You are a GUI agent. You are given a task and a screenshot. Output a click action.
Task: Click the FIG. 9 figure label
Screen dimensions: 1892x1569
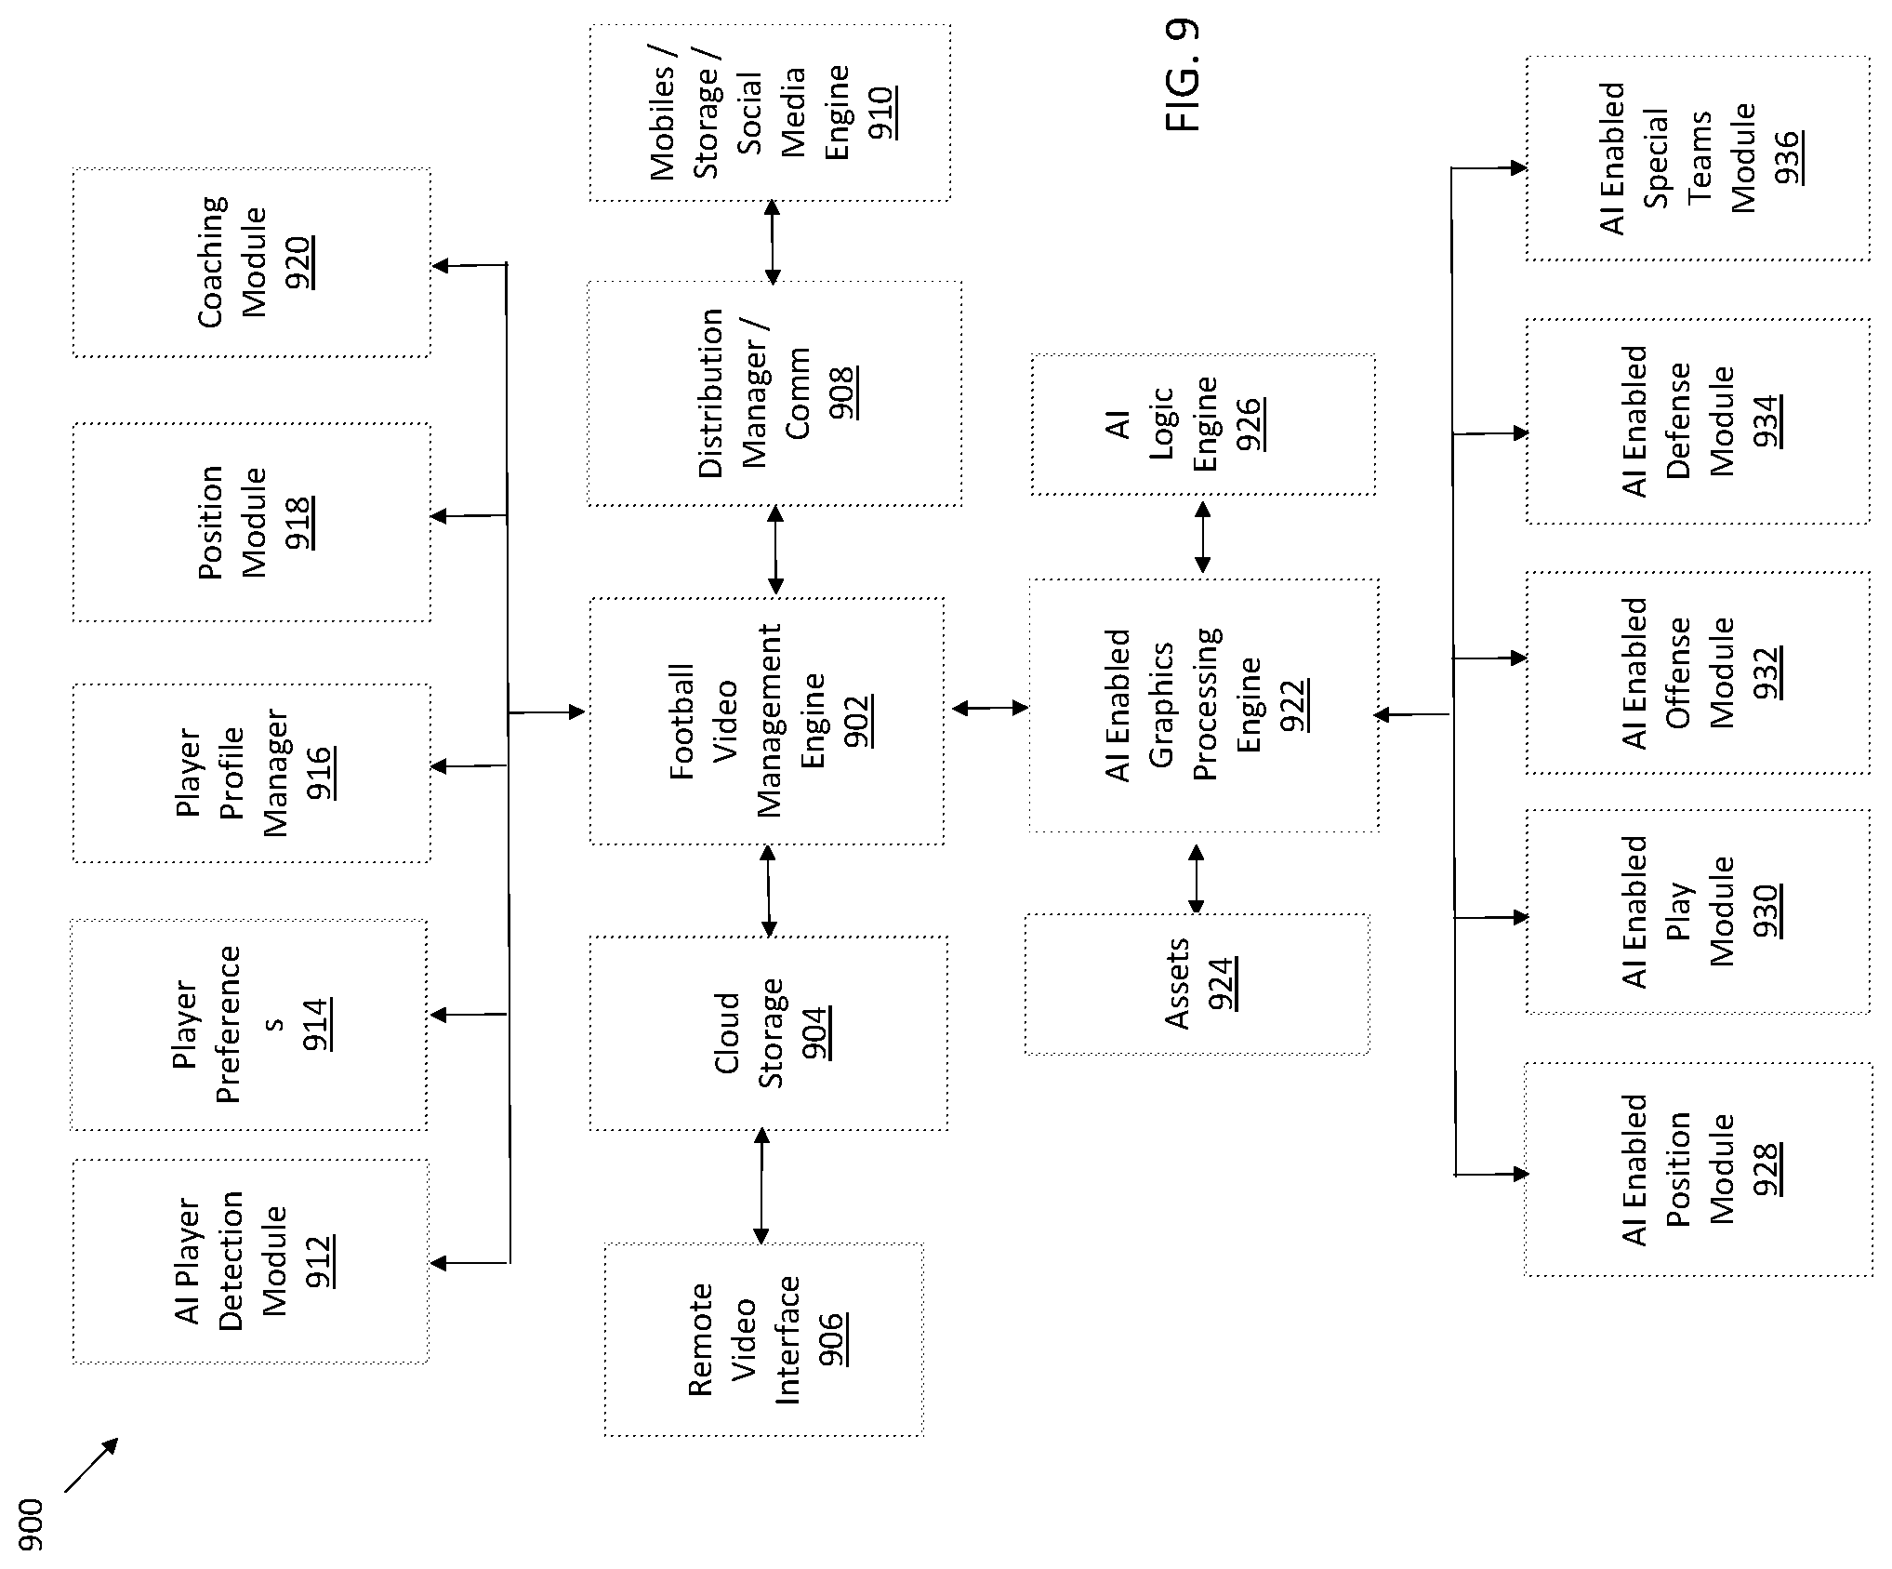(x=1183, y=76)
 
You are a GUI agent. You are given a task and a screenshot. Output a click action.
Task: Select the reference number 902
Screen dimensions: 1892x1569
(x=856, y=722)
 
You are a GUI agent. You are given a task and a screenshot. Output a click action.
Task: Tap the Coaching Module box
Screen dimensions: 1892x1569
(x=252, y=262)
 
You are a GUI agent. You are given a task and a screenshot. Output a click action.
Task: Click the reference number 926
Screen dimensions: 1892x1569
(x=1248, y=424)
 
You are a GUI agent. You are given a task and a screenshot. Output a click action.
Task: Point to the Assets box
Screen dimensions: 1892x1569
(x=1197, y=984)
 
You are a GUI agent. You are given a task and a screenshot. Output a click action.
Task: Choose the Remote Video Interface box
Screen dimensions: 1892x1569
(x=764, y=1340)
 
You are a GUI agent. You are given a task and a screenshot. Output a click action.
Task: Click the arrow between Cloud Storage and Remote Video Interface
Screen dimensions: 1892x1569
(x=761, y=1187)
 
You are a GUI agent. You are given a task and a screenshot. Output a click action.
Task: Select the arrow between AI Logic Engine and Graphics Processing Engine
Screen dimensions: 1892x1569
(x=1202, y=538)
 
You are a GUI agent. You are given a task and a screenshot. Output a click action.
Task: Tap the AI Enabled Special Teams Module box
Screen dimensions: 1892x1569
(x=1698, y=158)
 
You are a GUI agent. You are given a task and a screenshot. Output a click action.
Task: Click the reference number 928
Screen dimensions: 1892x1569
(x=1764, y=1169)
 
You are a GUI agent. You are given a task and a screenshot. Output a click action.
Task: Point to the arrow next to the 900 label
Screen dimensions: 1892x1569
(x=92, y=1465)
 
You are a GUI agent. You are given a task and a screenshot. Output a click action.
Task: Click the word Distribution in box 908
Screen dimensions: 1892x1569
(x=710, y=393)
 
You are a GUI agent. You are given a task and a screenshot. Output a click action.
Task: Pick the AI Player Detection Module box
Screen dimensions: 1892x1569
(x=251, y=1261)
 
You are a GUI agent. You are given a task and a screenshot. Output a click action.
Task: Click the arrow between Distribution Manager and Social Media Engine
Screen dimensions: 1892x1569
(x=772, y=242)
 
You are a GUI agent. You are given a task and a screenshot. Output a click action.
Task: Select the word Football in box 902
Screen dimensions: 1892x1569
(x=681, y=722)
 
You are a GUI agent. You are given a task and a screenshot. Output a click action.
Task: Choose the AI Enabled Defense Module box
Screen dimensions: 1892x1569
(x=1698, y=422)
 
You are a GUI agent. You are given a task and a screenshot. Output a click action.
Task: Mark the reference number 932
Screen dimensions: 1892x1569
(x=1764, y=672)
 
